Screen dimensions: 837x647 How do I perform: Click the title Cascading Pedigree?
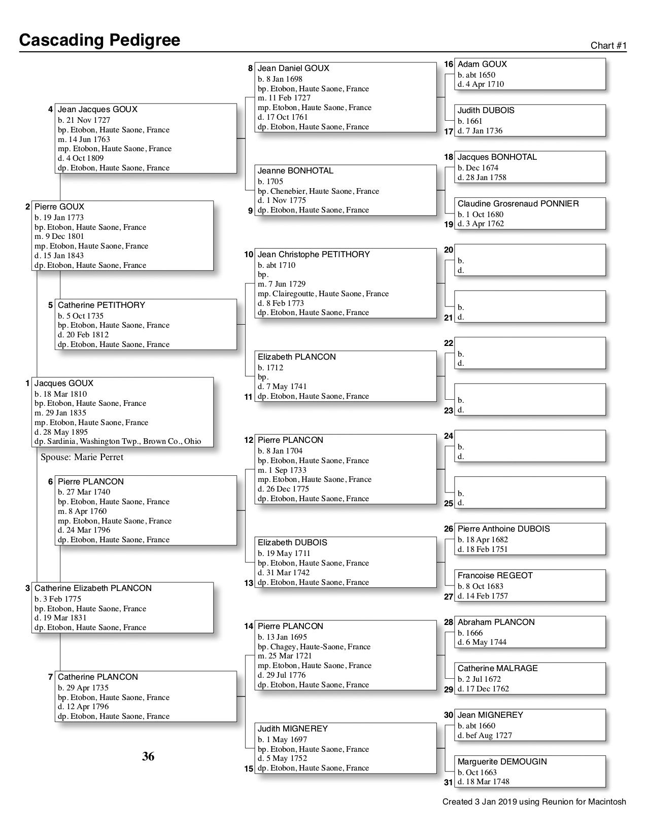click(99, 40)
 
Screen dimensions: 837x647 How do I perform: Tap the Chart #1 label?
click(608, 46)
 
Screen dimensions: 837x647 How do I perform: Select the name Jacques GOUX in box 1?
click(64, 383)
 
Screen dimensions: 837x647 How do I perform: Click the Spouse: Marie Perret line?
click(82, 457)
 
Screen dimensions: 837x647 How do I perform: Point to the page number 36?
click(148, 756)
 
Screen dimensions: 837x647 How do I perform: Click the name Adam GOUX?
click(482, 64)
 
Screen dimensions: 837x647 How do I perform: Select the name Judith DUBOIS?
click(486, 111)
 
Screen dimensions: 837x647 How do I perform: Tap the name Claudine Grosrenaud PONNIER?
click(518, 204)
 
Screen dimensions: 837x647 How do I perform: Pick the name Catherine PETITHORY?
click(101, 305)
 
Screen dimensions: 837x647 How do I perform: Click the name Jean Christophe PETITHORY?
click(314, 255)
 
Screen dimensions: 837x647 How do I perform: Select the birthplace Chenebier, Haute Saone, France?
click(318, 191)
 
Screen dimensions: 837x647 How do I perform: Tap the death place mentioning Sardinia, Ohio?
click(118, 441)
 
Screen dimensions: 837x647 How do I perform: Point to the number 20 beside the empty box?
click(448, 250)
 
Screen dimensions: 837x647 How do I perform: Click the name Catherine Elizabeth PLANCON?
click(93, 588)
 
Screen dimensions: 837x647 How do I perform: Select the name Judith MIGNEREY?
click(292, 729)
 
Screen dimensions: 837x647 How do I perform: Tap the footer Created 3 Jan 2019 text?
click(534, 802)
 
